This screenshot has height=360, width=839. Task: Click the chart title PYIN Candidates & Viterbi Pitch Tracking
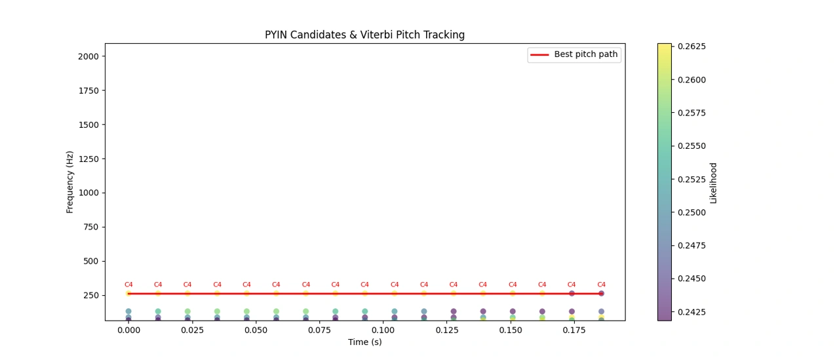pos(364,35)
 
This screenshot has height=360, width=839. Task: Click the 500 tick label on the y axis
pos(90,261)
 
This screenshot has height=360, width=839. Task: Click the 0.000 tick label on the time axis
pos(128,331)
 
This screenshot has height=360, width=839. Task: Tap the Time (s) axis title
pos(364,342)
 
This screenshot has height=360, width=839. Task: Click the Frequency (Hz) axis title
pos(70,182)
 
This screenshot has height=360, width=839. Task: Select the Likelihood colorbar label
pos(713,183)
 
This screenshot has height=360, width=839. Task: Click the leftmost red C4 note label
pos(128,285)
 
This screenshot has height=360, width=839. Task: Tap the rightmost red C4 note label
pos(601,285)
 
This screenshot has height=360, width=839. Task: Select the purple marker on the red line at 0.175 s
pos(572,293)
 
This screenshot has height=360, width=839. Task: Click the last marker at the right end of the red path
pos(601,293)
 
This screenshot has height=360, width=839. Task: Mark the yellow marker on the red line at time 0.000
pos(128,293)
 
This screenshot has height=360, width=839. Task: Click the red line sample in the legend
pos(539,55)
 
